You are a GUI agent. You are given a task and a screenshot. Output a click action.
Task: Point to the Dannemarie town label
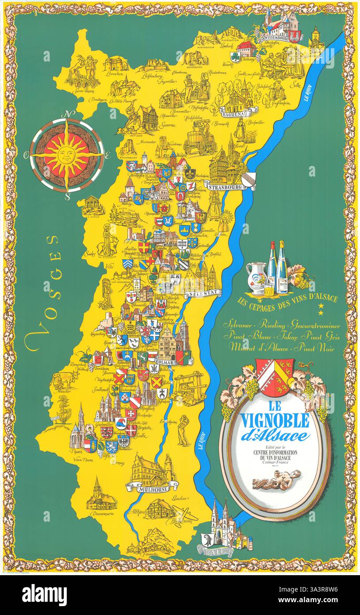pyautogui.click(x=101, y=514)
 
